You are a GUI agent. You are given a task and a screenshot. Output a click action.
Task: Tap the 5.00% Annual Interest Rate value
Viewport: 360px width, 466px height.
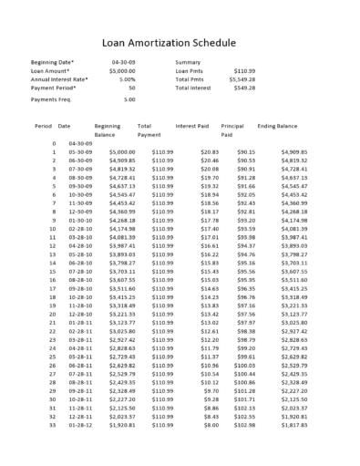pos(127,79)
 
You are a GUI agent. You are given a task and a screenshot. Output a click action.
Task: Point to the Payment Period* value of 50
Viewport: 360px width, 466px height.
pos(131,88)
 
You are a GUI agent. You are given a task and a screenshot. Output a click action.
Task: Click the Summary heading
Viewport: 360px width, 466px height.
pos(188,62)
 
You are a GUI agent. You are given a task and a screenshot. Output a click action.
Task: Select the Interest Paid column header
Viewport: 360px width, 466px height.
pos(192,125)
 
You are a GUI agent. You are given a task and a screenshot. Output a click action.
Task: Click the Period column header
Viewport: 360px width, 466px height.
pos(43,125)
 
